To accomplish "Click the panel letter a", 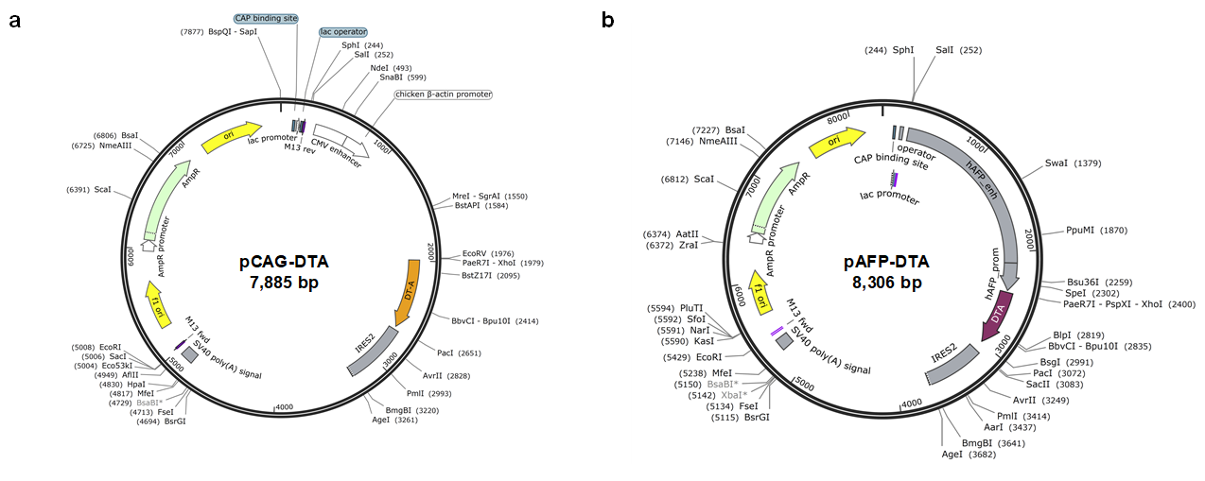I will [15, 21].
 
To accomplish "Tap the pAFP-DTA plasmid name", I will [885, 262].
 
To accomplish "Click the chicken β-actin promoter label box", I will [442, 94].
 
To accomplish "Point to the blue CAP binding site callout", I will [266, 18].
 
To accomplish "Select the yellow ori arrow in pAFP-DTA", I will [837, 140].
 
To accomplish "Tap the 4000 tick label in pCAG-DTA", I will [284, 407].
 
